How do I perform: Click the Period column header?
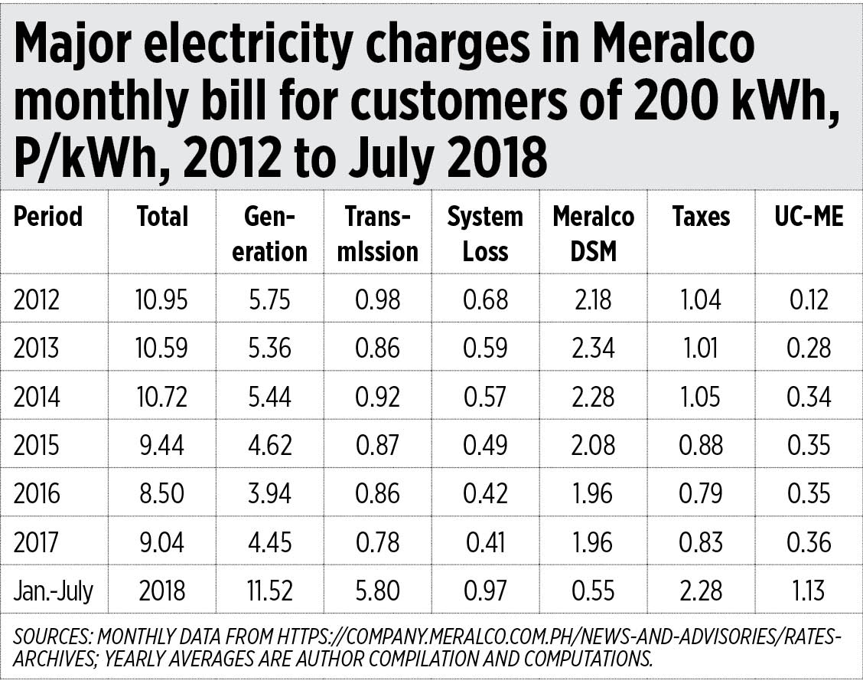[47, 217]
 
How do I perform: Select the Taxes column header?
[701, 217]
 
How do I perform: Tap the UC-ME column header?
[809, 217]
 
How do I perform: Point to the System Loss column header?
[485, 234]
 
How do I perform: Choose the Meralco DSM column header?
[593, 234]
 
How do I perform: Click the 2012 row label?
[36, 299]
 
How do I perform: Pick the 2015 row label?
[37, 445]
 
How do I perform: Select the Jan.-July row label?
[53, 591]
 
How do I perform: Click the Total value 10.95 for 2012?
[161, 299]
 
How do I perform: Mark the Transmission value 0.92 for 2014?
[377, 397]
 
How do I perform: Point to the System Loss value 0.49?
[485, 445]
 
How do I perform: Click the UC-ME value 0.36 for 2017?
[809, 542]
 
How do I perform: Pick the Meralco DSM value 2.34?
[593, 348]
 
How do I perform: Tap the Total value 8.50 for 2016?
[161, 494]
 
